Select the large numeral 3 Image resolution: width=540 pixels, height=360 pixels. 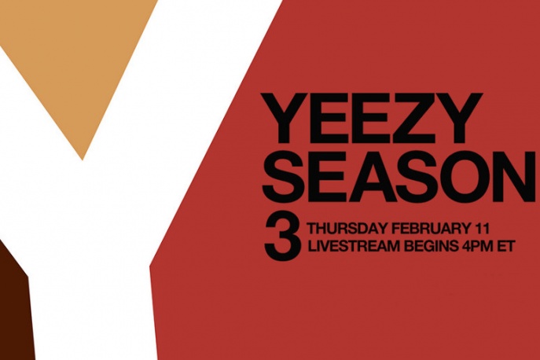coord(282,237)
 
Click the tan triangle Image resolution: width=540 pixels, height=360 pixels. coord(79,63)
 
